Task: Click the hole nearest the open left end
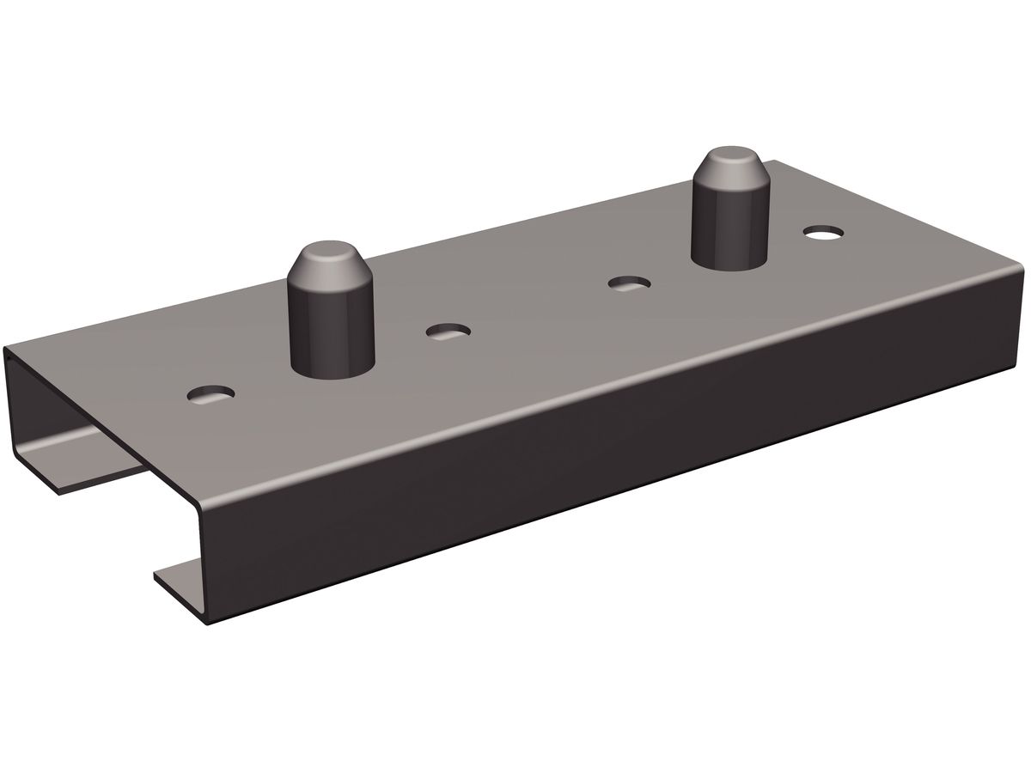pos(210,395)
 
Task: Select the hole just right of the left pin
pos(448,331)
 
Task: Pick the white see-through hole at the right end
pos(822,232)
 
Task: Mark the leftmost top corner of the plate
pos(7,348)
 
